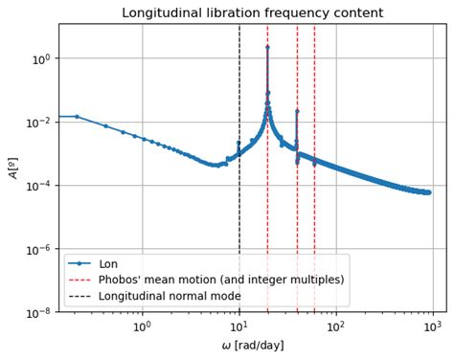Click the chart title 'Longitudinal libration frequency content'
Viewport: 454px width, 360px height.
coord(251,12)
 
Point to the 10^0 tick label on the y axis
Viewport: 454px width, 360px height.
coord(39,58)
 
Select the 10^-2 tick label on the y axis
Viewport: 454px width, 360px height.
coord(39,123)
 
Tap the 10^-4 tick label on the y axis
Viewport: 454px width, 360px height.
coord(39,186)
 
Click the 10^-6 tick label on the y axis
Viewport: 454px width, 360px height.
coord(39,249)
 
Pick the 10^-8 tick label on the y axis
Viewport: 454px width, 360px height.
coord(39,313)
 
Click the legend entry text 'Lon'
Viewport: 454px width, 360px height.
coord(108,263)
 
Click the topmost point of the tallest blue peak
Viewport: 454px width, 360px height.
coord(267,46)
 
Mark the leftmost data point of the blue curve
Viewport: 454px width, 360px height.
coord(77,117)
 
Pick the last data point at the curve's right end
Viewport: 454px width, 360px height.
coord(429,192)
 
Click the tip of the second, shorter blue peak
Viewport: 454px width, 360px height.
coord(297,111)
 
